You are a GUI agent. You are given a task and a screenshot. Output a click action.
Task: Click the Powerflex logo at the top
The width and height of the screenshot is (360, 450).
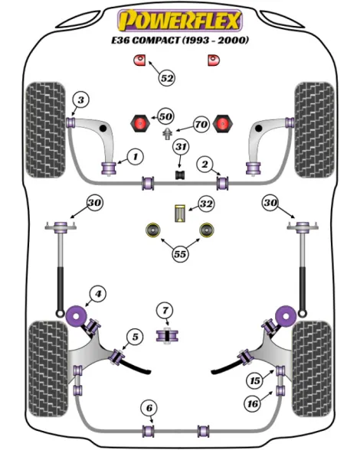tap(180, 20)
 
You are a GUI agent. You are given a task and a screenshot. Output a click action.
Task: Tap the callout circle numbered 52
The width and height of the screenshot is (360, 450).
tap(167, 78)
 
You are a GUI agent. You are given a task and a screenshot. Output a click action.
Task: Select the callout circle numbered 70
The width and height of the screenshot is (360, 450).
tap(201, 124)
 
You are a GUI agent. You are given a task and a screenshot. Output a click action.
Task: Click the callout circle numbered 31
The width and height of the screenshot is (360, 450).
tap(181, 147)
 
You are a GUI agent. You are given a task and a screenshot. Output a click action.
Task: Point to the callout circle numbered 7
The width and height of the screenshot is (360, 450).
tap(165, 310)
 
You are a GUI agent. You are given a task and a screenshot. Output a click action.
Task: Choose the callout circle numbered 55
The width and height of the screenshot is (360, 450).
tap(180, 254)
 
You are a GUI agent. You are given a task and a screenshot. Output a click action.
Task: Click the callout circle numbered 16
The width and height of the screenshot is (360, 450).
tap(253, 404)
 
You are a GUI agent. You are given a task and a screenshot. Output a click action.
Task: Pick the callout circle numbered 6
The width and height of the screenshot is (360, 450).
tap(149, 408)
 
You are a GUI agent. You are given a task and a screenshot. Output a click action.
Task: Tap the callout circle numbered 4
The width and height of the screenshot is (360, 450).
tap(98, 294)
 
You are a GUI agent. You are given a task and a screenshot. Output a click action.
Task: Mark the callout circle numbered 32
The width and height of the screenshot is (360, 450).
tap(206, 204)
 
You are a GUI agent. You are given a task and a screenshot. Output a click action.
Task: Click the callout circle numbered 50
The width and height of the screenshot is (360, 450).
tap(165, 116)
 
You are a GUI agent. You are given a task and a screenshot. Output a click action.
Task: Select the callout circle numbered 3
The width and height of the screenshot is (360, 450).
tap(81, 99)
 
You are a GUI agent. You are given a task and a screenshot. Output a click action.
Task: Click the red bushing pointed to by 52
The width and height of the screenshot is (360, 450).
tap(139, 60)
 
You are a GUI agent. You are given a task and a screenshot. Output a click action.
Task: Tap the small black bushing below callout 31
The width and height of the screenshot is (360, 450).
tap(180, 174)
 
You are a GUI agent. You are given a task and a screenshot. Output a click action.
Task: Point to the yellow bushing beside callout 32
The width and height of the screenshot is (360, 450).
tap(180, 214)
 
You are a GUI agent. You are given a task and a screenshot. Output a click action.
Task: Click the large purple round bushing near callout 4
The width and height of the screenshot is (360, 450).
tap(77, 315)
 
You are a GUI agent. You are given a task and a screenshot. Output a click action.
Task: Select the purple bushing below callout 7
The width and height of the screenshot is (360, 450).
tap(167, 336)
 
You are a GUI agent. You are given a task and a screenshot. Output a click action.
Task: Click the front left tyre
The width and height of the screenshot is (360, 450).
tap(46, 130)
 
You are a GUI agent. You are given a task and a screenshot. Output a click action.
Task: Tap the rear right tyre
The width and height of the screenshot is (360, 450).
tap(312, 369)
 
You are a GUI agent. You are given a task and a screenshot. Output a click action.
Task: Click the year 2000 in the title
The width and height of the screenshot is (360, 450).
tap(232, 40)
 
